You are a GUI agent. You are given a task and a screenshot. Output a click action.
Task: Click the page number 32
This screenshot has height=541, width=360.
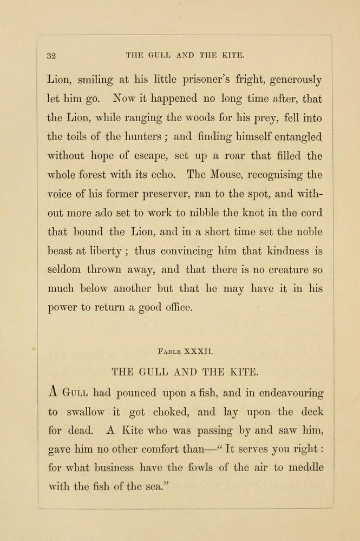(53, 55)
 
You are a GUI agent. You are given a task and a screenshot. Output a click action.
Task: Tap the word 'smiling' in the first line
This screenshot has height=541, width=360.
(95, 81)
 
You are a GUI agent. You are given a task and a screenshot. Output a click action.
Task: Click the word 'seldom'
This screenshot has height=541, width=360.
(67, 269)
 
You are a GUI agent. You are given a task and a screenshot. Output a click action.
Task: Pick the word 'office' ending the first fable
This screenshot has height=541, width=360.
(175, 308)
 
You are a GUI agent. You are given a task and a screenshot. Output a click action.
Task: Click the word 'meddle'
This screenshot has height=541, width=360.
(306, 467)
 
